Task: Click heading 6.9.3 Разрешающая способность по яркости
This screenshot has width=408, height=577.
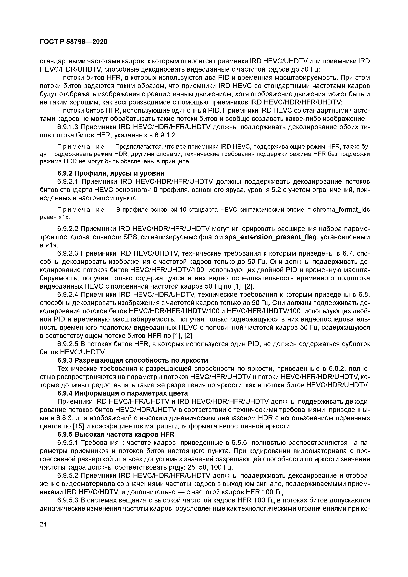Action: click(x=133, y=360)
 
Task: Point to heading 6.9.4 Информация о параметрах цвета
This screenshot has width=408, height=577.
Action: click(x=123, y=393)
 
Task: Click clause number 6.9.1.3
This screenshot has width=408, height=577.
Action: click(x=68, y=127)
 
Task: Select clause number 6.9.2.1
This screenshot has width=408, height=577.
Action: click(x=68, y=181)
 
